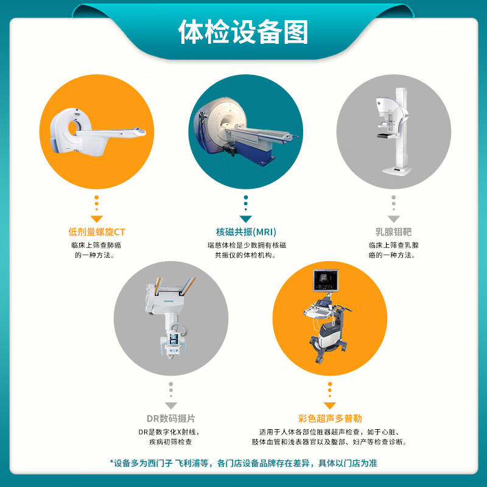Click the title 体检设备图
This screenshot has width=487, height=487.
coord(243,32)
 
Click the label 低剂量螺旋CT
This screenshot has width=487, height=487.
coord(97,232)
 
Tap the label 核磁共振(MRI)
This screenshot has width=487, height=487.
coord(246,232)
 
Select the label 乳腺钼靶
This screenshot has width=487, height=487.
coord(393,232)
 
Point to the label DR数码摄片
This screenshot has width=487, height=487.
coord(171,418)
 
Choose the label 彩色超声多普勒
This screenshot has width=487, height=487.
coord(330,418)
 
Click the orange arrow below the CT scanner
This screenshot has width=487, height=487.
coord(97,219)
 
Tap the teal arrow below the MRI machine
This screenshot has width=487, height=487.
coord(246,219)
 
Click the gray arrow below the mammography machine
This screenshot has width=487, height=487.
coord(393,219)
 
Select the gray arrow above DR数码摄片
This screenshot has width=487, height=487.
coord(171,405)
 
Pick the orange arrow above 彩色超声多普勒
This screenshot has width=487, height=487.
coord(330,405)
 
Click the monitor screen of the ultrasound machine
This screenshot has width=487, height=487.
coord(325,280)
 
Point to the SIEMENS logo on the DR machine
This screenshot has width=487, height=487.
coord(169,301)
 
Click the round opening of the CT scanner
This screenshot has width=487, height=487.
coord(73,128)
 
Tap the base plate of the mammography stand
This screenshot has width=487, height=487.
coord(397,170)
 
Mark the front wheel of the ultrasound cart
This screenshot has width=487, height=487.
coord(319,359)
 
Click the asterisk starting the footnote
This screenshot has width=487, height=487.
coord(112,462)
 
